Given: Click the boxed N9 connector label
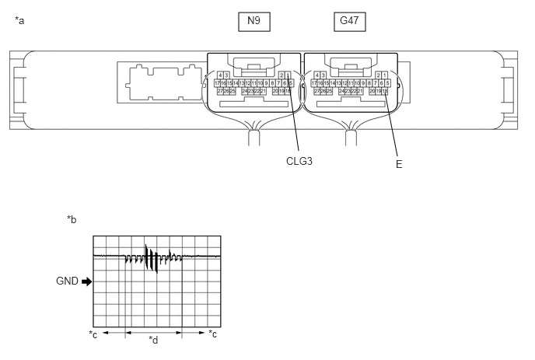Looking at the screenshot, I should (x=254, y=21).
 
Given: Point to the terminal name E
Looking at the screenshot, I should (x=399, y=164).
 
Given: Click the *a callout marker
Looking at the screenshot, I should (x=19, y=20).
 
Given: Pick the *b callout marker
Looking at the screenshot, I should (x=72, y=220).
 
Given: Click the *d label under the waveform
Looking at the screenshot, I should (x=153, y=340).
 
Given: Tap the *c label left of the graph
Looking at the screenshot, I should (x=93, y=334).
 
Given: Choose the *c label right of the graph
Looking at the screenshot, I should (x=213, y=334).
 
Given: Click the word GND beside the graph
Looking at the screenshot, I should (x=68, y=281).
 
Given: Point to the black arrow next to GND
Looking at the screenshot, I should (x=86, y=281).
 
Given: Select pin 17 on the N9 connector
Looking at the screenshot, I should (x=217, y=82).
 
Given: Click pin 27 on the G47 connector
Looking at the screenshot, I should (x=316, y=91).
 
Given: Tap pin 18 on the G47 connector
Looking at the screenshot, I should (x=385, y=91).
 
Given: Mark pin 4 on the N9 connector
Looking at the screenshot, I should (x=220, y=75).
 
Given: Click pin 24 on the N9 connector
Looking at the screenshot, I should (x=245, y=91).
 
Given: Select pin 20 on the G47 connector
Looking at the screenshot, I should (x=372, y=91).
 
